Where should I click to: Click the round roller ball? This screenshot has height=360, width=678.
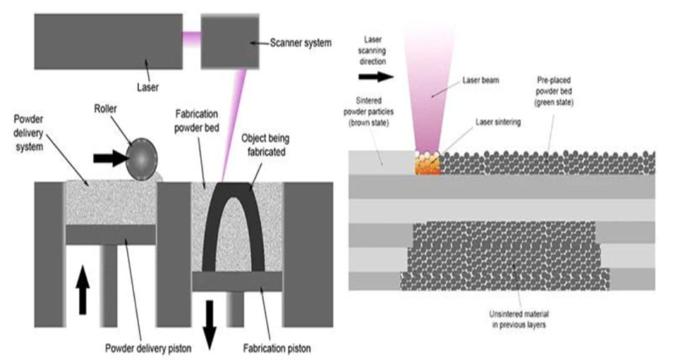coord(142,158)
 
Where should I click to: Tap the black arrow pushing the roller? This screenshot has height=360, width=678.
coord(111,158)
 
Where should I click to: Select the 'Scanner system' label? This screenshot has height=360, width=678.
coord(301,43)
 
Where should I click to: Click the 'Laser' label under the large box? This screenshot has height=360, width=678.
coord(147,87)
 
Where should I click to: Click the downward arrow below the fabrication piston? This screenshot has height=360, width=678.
coord(209,325)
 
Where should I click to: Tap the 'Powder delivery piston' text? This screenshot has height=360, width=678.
coord(148,348)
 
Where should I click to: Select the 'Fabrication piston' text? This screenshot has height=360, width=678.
coord(277,348)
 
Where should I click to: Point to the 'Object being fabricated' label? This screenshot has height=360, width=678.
coord(265,145)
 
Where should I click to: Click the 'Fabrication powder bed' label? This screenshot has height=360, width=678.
coord(197,121)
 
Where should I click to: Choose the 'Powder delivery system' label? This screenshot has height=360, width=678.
coord(29,133)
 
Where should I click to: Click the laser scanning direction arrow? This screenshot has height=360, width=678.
coord(376,77)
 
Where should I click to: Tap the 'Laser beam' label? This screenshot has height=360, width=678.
coord(481,80)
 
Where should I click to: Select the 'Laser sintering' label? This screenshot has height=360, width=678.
coord(498,122)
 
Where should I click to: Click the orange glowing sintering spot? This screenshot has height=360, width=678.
coord(428,163)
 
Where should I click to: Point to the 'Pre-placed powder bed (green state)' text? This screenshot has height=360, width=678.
coord(554,91)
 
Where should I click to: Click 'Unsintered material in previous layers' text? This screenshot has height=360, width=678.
coord(519,319)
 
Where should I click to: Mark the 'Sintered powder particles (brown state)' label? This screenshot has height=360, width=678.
coord(369,112)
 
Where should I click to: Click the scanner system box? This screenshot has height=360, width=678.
coord(230,41)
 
